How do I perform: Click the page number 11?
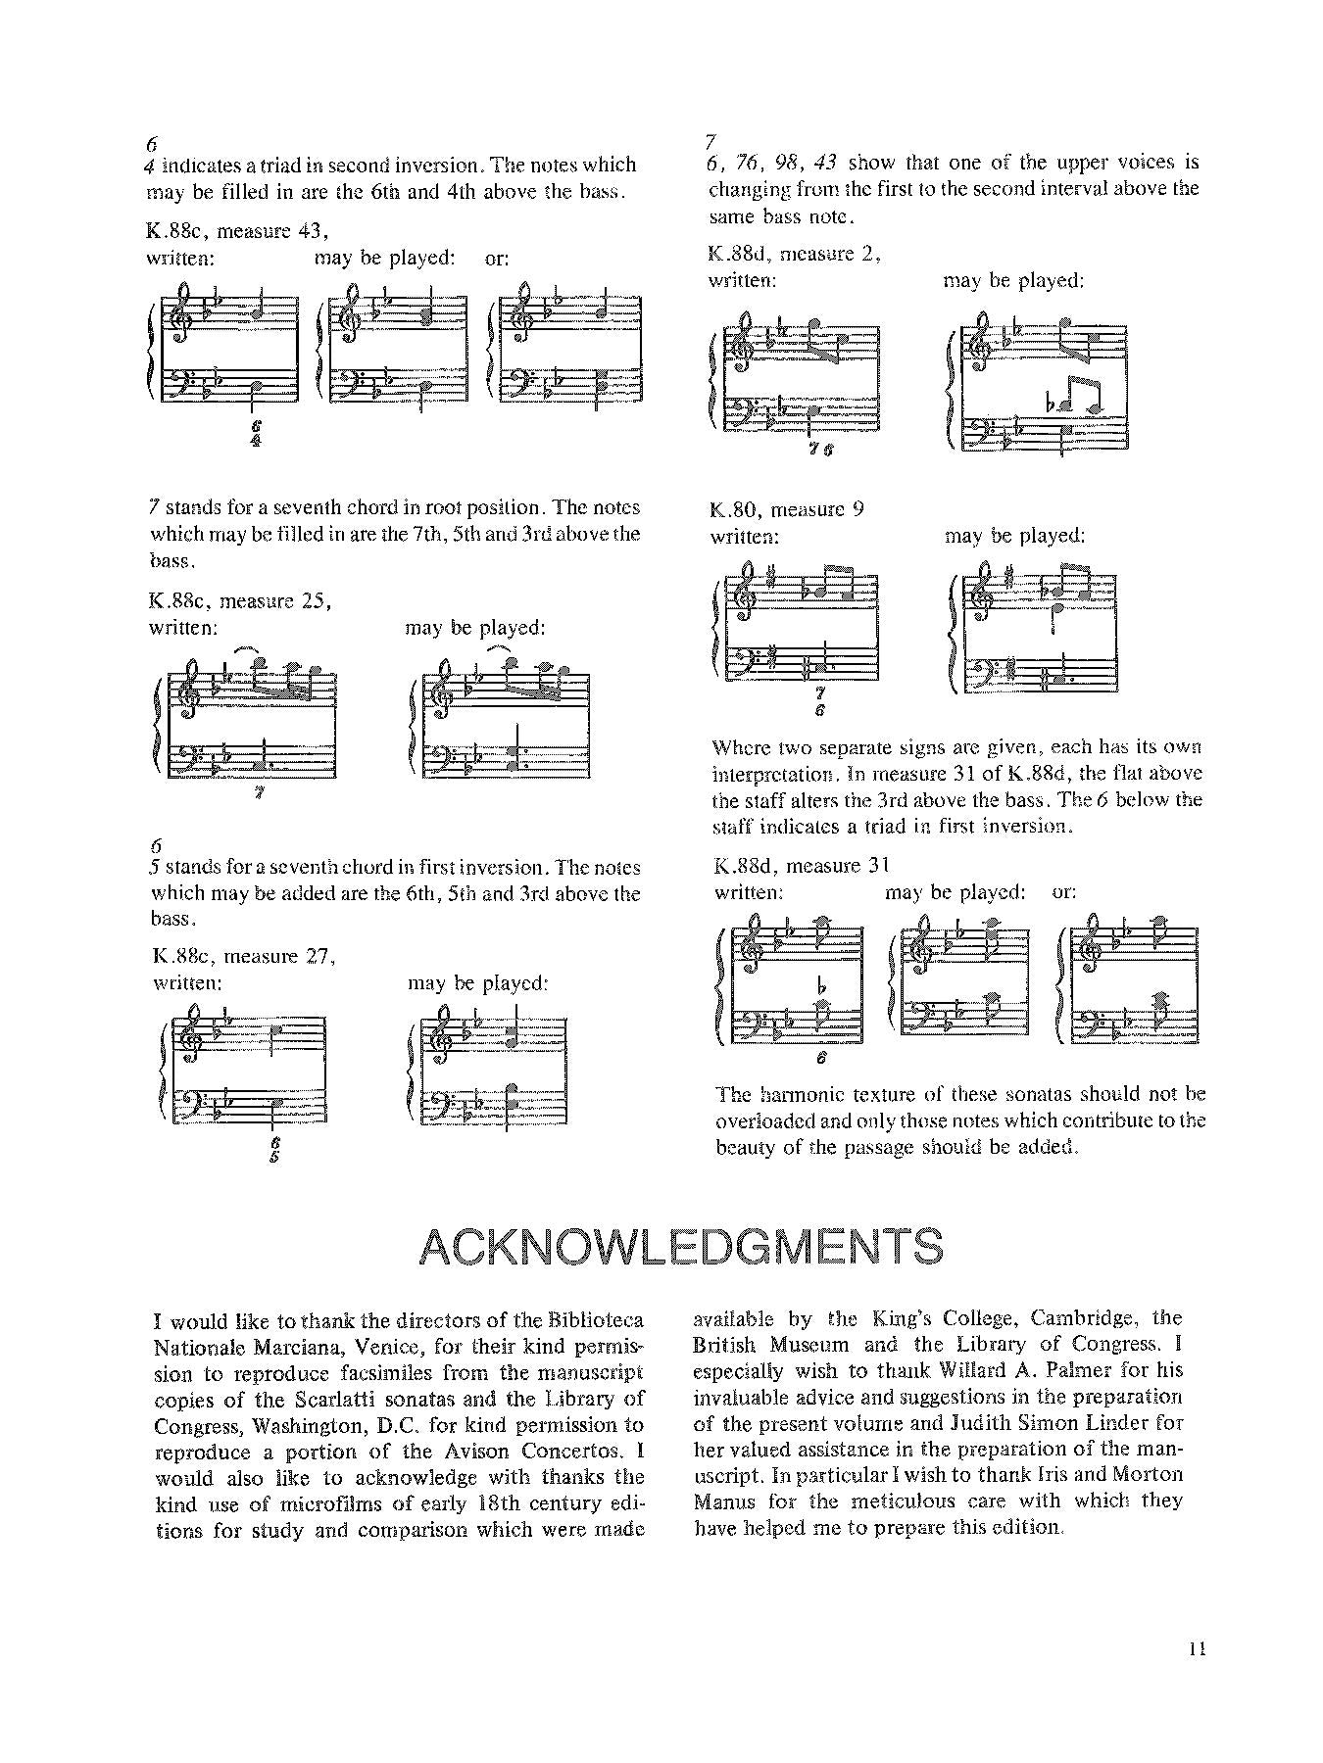pos(1196,1649)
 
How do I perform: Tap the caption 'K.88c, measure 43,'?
pos(236,231)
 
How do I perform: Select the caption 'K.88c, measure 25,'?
pos(240,601)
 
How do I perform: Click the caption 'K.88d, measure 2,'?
pos(793,254)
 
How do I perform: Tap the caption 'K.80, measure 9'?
pos(787,509)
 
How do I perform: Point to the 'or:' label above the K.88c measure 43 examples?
pos(498,259)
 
